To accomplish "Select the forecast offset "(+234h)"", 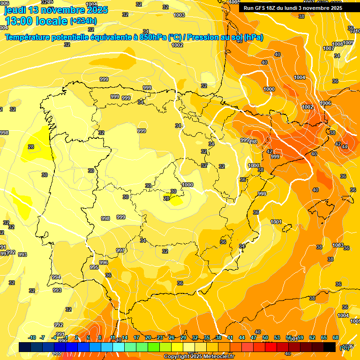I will (x=83, y=21).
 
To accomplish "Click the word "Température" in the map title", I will (x=28, y=37).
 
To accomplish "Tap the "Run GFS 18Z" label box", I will (x=293, y=8).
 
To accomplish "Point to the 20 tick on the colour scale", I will (x=148, y=337).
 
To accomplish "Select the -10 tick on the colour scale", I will (x=32, y=337).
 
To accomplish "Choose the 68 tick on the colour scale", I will (x=336, y=337).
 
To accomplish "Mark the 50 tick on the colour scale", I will (x=265, y=337).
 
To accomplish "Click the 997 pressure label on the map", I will (x=120, y=250).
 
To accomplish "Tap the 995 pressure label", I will (x=94, y=267).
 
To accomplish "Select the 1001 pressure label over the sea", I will (x=276, y=222).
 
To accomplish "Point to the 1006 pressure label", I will (x=325, y=103).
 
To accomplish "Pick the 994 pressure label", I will (x=56, y=277).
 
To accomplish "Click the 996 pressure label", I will (x=104, y=262).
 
